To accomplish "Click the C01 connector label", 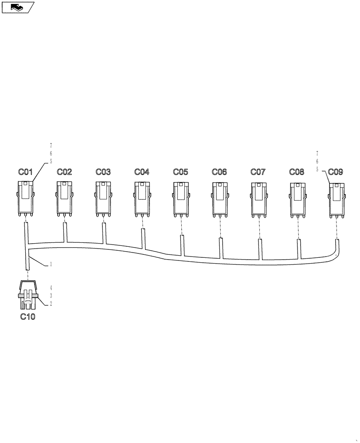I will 25,172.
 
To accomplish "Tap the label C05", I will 180,172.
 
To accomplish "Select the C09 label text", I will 336,172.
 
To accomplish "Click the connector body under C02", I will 64,198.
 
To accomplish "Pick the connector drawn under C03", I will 103,198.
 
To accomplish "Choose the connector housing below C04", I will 142,198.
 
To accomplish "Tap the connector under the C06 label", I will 219,198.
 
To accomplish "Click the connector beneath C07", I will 258,198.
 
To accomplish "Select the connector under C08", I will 297,198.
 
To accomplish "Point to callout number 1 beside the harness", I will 51,264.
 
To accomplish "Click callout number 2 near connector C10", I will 51,303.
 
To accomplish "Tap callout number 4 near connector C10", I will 51,288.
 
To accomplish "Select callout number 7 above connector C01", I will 51,145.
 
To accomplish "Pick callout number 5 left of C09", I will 317,169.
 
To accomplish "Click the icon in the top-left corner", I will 18,7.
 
